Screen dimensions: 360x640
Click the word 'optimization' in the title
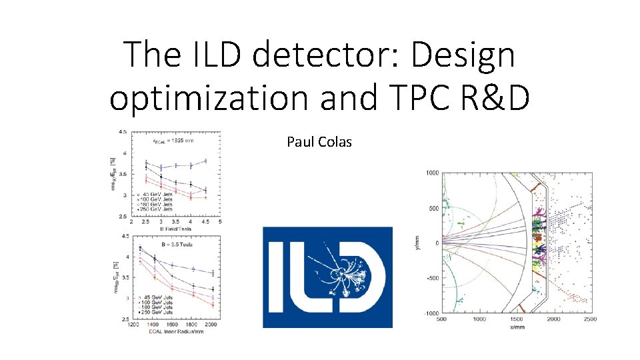207,97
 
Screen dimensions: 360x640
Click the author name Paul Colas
319,141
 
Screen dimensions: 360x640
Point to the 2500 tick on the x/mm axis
589,319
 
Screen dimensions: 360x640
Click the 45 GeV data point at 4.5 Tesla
205,161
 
